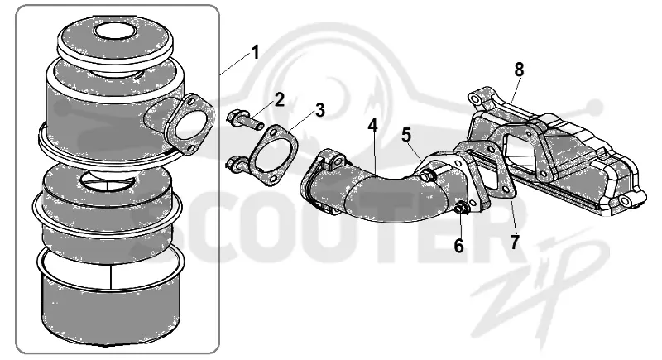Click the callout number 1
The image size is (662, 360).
pyautogui.click(x=255, y=53)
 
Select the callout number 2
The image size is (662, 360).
pyautogui.click(x=279, y=99)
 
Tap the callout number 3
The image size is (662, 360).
pyautogui.click(x=320, y=110)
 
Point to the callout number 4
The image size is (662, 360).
pyautogui.click(x=372, y=125)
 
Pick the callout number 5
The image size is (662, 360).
pyautogui.click(x=405, y=136)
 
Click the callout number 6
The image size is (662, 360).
pyautogui.click(x=459, y=246)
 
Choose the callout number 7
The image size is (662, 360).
pyautogui.click(x=514, y=242)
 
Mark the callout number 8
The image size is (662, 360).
pyautogui.click(x=519, y=70)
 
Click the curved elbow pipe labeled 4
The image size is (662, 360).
pyautogui.click(x=376, y=188)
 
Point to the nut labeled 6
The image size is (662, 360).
pyautogui.click(x=460, y=208)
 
